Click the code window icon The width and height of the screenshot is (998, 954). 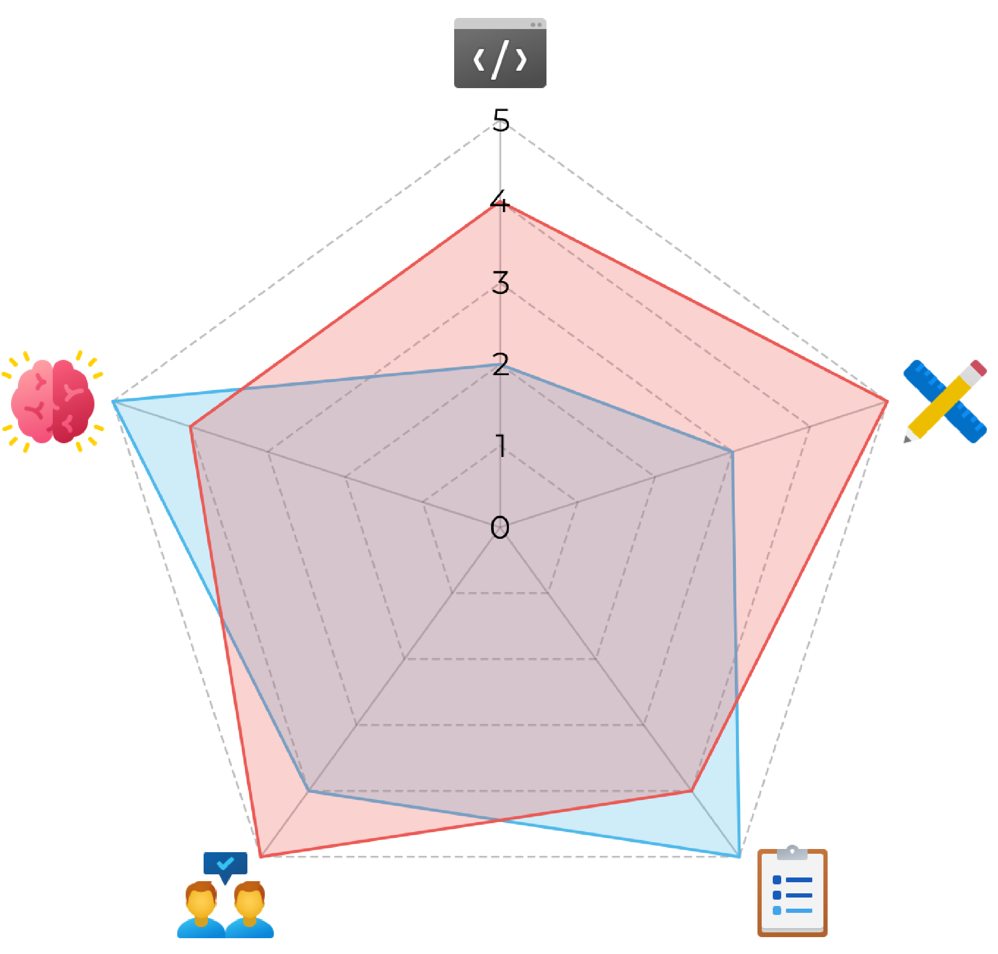click(x=500, y=53)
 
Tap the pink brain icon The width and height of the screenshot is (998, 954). click(x=52, y=402)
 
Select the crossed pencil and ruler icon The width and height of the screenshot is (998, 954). click(x=945, y=401)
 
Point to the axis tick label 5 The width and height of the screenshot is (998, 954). click(x=501, y=120)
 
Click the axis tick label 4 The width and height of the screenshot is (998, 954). click(x=500, y=202)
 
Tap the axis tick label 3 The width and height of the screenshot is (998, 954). click(x=500, y=283)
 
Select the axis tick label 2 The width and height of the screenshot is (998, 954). click(x=500, y=365)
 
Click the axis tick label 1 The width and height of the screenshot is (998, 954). click(x=501, y=446)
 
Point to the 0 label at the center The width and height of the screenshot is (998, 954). click(x=500, y=528)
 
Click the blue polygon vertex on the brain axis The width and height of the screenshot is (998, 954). click(x=113, y=402)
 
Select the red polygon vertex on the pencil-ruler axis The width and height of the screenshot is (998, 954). click(x=887, y=402)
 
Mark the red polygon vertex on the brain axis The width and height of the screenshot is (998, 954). click(x=191, y=426)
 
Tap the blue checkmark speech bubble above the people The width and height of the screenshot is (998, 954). click(x=225, y=864)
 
